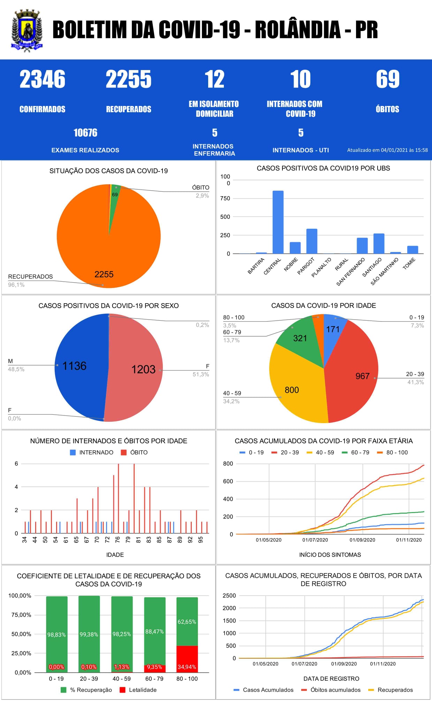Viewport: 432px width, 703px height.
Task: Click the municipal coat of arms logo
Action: pos(27,31)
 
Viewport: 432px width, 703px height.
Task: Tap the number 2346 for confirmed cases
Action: pos(42,79)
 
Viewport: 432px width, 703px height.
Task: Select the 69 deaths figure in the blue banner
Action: pos(387,79)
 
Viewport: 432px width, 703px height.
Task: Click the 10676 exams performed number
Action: pos(85,133)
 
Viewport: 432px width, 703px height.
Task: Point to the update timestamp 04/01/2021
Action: pos(387,150)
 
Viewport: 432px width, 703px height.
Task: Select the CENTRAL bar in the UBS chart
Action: pos(278,222)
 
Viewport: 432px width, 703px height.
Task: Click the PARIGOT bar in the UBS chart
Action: pos(312,241)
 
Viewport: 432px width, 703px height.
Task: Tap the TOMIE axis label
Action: pos(409,264)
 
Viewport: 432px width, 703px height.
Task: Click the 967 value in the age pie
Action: pos(362,376)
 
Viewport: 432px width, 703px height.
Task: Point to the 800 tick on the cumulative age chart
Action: pos(228,464)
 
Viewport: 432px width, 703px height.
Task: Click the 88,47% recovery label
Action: pos(154,632)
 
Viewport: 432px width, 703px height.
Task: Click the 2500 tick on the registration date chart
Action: pos(229,596)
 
